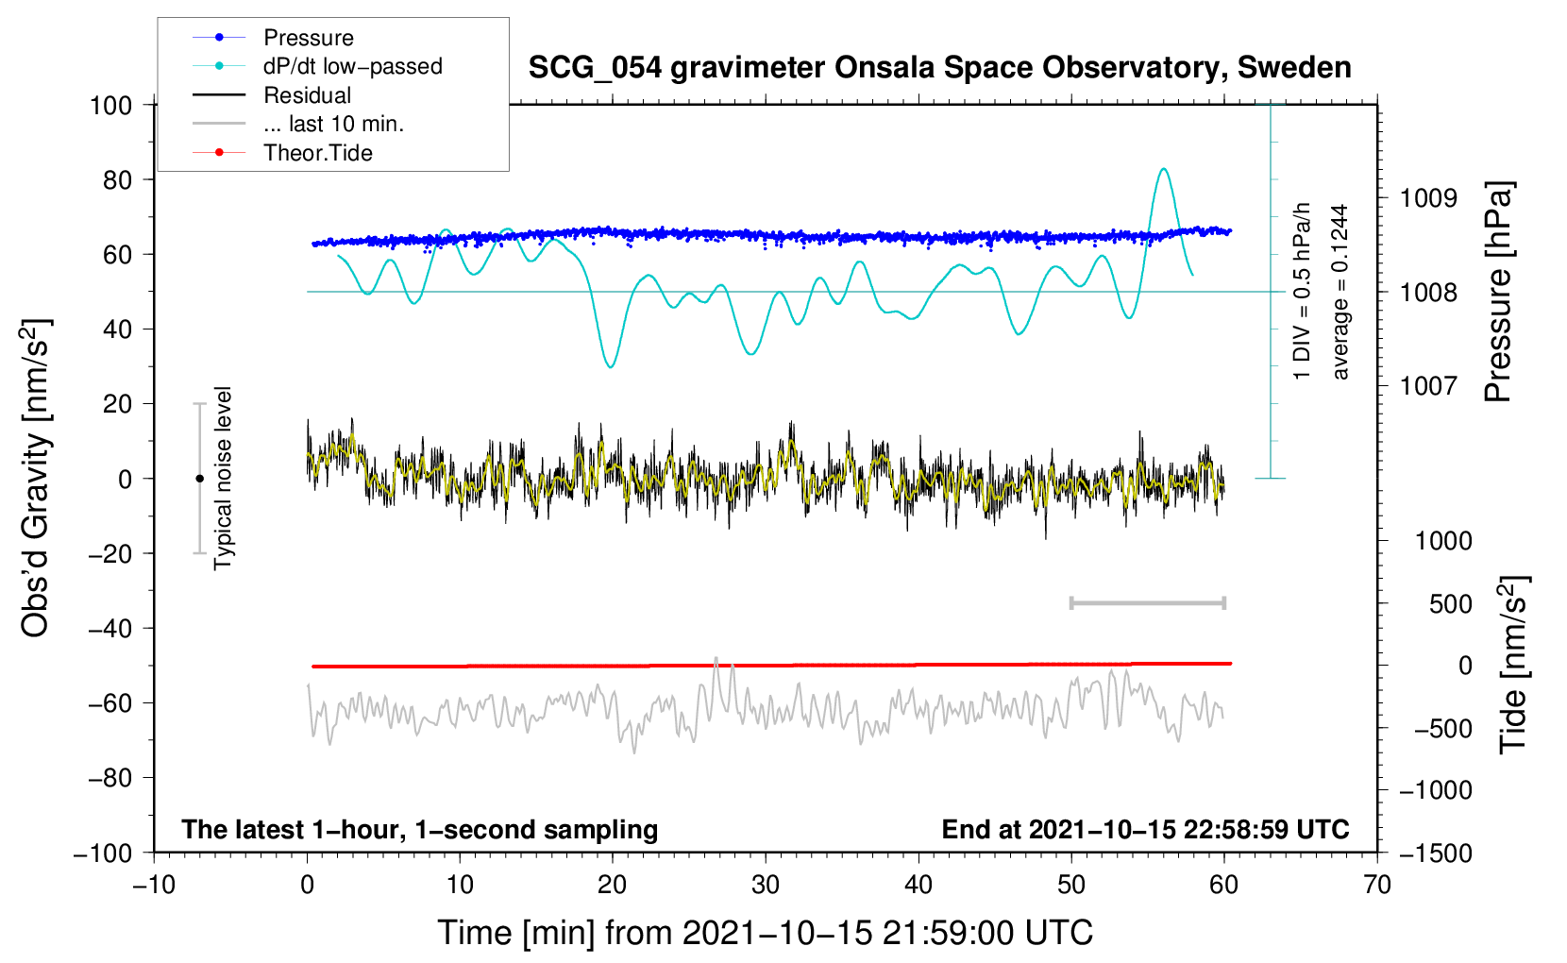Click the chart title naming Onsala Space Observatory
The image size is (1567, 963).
pyautogui.click(x=939, y=68)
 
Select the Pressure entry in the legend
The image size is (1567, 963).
pyautogui.click(x=308, y=38)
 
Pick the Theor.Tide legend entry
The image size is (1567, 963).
pyautogui.click(x=317, y=153)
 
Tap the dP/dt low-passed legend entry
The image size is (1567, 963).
pyautogui.click(x=352, y=66)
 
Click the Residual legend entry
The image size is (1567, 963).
pyautogui.click(x=307, y=95)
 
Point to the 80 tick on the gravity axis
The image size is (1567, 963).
pyautogui.click(x=117, y=179)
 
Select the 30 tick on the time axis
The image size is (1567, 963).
pyautogui.click(x=766, y=885)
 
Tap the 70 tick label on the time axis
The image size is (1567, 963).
pyautogui.click(x=1377, y=885)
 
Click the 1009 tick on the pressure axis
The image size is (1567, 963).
pyautogui.click(x=1428, y=198)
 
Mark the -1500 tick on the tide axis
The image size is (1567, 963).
pyautogui.click(x=1435, y=853)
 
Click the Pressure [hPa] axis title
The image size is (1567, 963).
pyautogui.click(x=1498, y=293)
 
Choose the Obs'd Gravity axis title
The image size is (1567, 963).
pyautogui.click(x=36, y=478)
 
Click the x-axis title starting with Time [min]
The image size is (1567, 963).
pyautogui.click(x=766, y=933)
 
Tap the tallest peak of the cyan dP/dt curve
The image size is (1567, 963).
pyautogui.click(x=1164, y=169)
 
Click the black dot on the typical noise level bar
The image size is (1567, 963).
pyautogui.click(x=199, y=479)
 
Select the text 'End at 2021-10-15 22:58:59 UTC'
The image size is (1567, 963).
pyautogui.click(x=1145, y=829)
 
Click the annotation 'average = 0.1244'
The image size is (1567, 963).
pyautogui.click(x=1340, y=293)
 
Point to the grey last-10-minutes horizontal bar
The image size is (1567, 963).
pyautogui.click(x=1147, y=602)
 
